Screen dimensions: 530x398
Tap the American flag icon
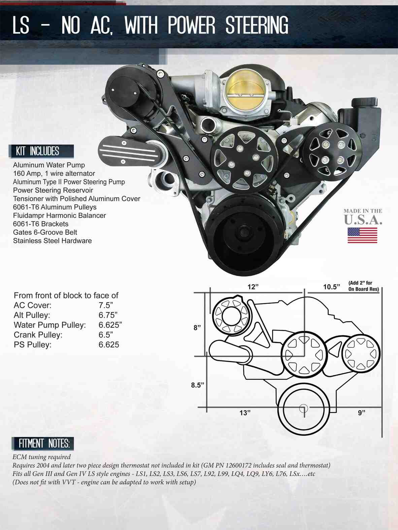[362, 235]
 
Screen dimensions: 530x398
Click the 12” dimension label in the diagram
[253, 287]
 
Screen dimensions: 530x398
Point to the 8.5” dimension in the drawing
[198, 385]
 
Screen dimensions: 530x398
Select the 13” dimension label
[245, 413]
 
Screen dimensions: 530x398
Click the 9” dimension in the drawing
[361, 413]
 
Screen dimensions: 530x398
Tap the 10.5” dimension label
[331, 287]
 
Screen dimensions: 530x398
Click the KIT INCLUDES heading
[38, 151]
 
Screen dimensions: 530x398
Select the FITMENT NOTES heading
[44, 444]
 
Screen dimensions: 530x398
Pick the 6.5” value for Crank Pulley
[105, 335]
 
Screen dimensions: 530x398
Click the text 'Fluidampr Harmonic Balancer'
[59, 215]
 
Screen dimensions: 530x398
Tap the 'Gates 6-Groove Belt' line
[45, 232]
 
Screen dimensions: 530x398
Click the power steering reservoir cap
[364, 101]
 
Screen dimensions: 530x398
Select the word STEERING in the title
[257, 26]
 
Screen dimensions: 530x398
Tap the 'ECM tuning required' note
[41, 457]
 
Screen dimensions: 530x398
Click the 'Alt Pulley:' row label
[32, 315]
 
